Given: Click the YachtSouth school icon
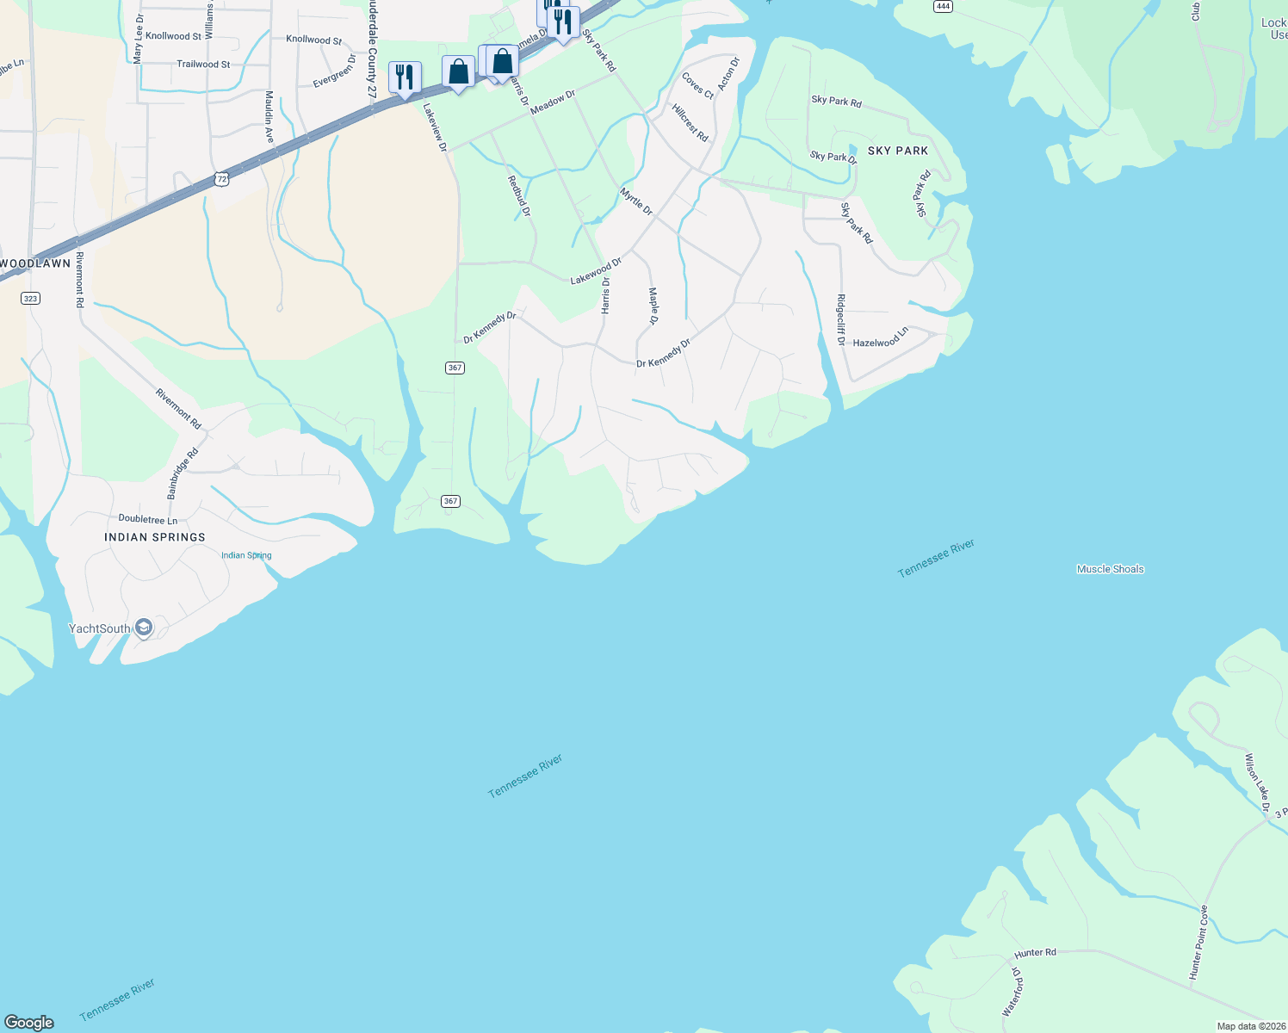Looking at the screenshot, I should (x=144, y=628).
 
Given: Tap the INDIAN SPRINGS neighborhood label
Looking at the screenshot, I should (x=155, y=537).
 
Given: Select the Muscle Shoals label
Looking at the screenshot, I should (x=1110, y=569).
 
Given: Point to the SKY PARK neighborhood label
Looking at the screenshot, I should (x=898, y=151).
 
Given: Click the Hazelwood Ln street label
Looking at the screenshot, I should (x=880, y=337).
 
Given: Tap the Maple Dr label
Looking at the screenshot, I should (x=653, y=306).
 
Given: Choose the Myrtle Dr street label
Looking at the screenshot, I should (x=637, y=201).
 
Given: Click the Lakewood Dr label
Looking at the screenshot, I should (x=595, y=271).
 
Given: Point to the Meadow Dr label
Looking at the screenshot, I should (x=553, y=102).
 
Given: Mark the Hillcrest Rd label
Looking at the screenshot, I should (x=690, y=123).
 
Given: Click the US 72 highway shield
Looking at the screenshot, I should (x=222, y=179).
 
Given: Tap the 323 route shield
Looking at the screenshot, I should (x=30, y=299).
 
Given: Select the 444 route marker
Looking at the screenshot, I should (x=943, y=6).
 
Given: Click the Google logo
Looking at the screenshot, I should (x=29, y=1023).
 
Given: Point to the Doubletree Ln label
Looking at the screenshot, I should (x=148, y=520).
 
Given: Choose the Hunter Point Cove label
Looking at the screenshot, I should (x=1198, y=943).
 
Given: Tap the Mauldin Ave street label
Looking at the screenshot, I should (x=269, y=117).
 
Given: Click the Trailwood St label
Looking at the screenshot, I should (x=203, y=65).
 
